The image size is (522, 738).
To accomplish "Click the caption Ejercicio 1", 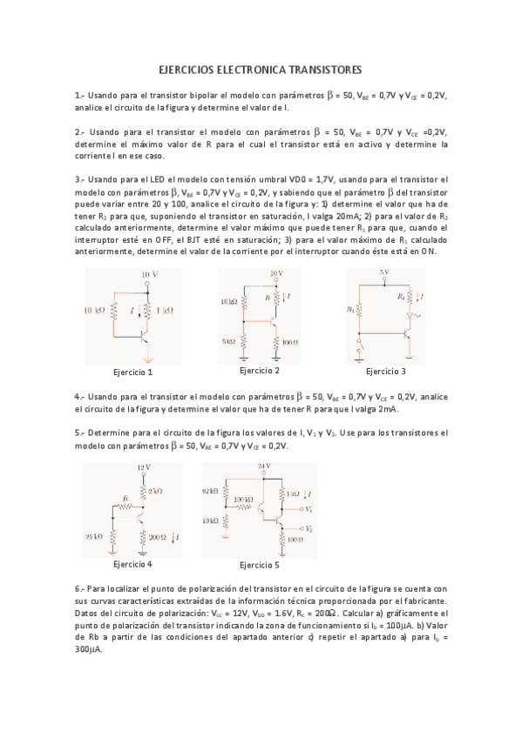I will click(128, 372).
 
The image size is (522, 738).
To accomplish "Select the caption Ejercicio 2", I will click(259, 371).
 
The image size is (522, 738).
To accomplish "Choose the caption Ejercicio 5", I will click(259, 565).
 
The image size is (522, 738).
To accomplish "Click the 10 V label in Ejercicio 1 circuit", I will click(149, 274).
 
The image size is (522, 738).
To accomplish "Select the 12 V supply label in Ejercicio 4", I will click(145, 467).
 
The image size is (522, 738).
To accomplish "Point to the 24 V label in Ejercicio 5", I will click(265, 467).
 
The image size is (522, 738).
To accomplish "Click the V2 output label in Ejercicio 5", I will click(310, 528).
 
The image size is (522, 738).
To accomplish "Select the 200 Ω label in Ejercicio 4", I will click(158, 536).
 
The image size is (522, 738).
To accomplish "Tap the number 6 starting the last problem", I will click(78, 587).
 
